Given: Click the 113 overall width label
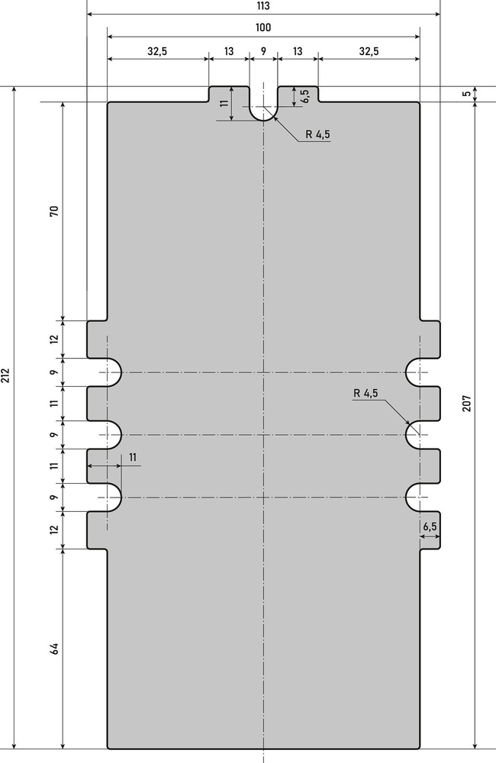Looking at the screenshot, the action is tap(262, 6).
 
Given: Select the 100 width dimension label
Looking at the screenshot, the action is tap(263, 27).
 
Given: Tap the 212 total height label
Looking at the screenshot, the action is tap(5, 375).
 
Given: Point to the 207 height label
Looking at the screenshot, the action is tap(467, 404).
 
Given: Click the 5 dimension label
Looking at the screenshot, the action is tap(467, 94).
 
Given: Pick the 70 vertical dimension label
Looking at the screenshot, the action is tap(54, 211).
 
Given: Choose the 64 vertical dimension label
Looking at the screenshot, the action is tap(54, 648).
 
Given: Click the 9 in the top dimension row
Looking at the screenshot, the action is tap(263, 50).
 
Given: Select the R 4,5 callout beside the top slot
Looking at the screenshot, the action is tap(318, 134).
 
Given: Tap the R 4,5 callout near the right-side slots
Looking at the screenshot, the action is tap(366, 393).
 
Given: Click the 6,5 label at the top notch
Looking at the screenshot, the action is tap(305, 96).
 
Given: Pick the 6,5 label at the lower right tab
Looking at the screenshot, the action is tap(430, 526).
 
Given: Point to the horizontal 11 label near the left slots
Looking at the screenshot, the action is tap(133, 457).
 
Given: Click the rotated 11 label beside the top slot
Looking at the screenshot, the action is tap(224, 103).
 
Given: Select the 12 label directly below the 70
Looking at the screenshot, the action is tap(54, 339).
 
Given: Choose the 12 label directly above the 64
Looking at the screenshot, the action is tap(54, 530).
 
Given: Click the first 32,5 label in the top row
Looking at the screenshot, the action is tap(157, 51).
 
